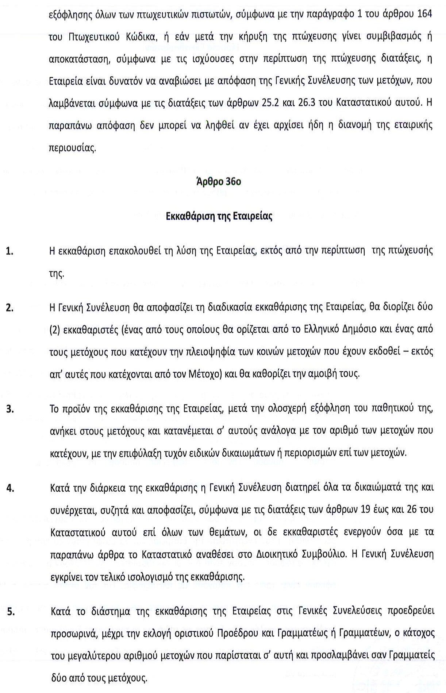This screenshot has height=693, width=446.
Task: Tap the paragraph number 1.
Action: [10, 251]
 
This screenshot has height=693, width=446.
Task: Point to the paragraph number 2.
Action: [10, 308]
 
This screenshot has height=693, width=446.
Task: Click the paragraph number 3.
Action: [10, 409]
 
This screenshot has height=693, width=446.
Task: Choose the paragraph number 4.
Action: [10, 488]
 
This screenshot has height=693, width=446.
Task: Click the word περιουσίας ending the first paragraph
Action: [73, 148]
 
